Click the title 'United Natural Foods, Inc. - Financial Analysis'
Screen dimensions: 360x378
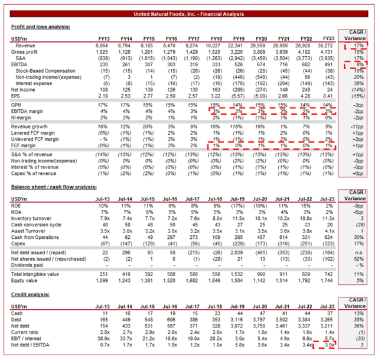pos(188,12)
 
